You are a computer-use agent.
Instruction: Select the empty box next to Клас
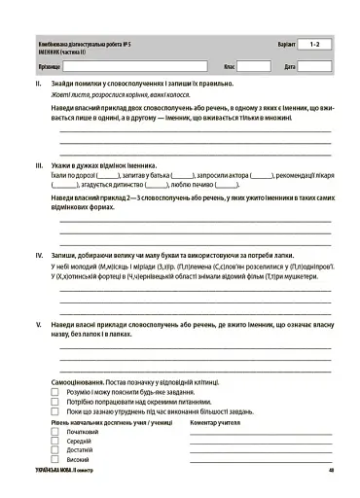tap(254, 66)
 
